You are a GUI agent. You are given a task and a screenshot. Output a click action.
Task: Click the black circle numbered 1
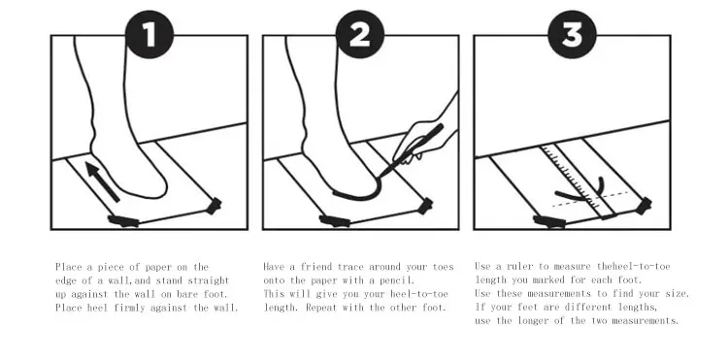[149, 34]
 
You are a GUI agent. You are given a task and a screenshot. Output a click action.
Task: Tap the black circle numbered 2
[360, 34]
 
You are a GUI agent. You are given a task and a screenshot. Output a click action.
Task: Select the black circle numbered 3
[572, 34]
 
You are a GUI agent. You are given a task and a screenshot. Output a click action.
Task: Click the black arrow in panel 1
[103, 181]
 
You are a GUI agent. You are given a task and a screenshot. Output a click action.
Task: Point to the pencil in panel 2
[412, 150]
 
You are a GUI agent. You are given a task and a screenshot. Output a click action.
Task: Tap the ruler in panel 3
[579, 180]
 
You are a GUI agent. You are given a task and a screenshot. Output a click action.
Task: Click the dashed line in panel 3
[589, 199]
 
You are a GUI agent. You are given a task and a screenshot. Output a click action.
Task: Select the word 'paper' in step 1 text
[158, 267]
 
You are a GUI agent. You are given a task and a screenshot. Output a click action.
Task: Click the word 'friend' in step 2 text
[315, 267]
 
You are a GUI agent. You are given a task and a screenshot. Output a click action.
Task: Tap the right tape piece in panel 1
[214, 206]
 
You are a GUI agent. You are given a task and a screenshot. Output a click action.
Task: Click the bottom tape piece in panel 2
[334, 221]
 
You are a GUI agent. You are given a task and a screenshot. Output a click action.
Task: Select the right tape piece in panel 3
[644, 206]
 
